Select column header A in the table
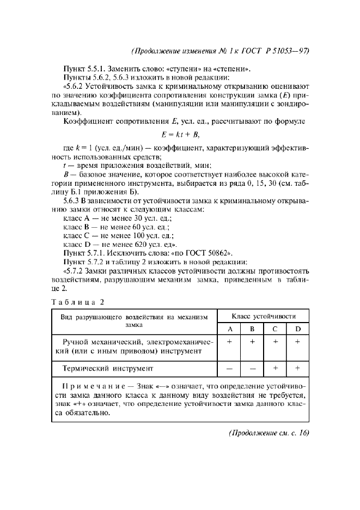coord(229,329)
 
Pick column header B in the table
coord(252,329)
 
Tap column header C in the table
coord(275,329)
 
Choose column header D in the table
coord(297,329)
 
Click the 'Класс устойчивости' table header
coord(264,316)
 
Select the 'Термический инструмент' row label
coord(108,368)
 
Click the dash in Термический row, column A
coord(229,368)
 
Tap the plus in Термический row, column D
coord(297,368)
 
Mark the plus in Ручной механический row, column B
coord(252,341)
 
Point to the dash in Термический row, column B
coord(252,368)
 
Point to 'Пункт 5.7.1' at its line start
coord(84,253)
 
